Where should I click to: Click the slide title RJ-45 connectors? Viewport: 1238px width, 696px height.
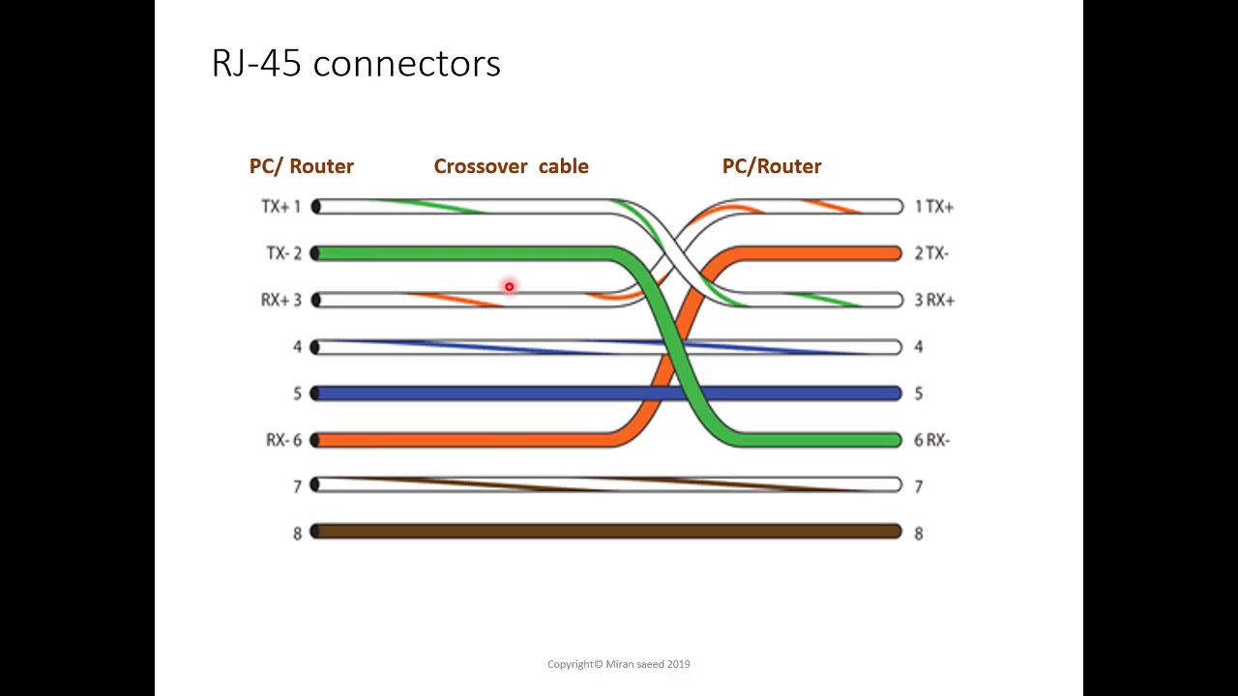pos(356,63)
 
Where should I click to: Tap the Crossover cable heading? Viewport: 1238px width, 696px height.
pos(512,166)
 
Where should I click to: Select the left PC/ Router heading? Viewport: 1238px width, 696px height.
pos(301,166)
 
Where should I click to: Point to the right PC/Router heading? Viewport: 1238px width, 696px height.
pos(772,166)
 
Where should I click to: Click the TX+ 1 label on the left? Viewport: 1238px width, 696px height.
pos(281,207)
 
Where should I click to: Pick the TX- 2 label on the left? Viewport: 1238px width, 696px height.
pos(284,253)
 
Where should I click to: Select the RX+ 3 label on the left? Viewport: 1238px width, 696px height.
pos(281,300)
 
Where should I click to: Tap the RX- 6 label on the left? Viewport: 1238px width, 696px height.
pos(284,440)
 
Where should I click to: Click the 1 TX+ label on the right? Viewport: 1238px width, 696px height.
pos(934,207)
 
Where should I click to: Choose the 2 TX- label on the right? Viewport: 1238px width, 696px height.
pos(931,253)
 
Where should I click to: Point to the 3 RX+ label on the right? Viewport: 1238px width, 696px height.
pos(934,300)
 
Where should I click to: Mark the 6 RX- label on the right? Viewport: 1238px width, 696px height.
pos(931,440)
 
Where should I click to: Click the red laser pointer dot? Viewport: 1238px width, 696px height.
pos(509,287)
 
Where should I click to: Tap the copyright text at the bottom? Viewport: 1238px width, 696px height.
pos(618,664)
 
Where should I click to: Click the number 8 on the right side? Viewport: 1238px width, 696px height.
pos(919,534)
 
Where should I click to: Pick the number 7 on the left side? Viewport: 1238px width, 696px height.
pos(297,486)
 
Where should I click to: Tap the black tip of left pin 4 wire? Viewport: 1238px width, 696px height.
pos(315,347)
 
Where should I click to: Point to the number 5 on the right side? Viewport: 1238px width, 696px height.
pos(919,393)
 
